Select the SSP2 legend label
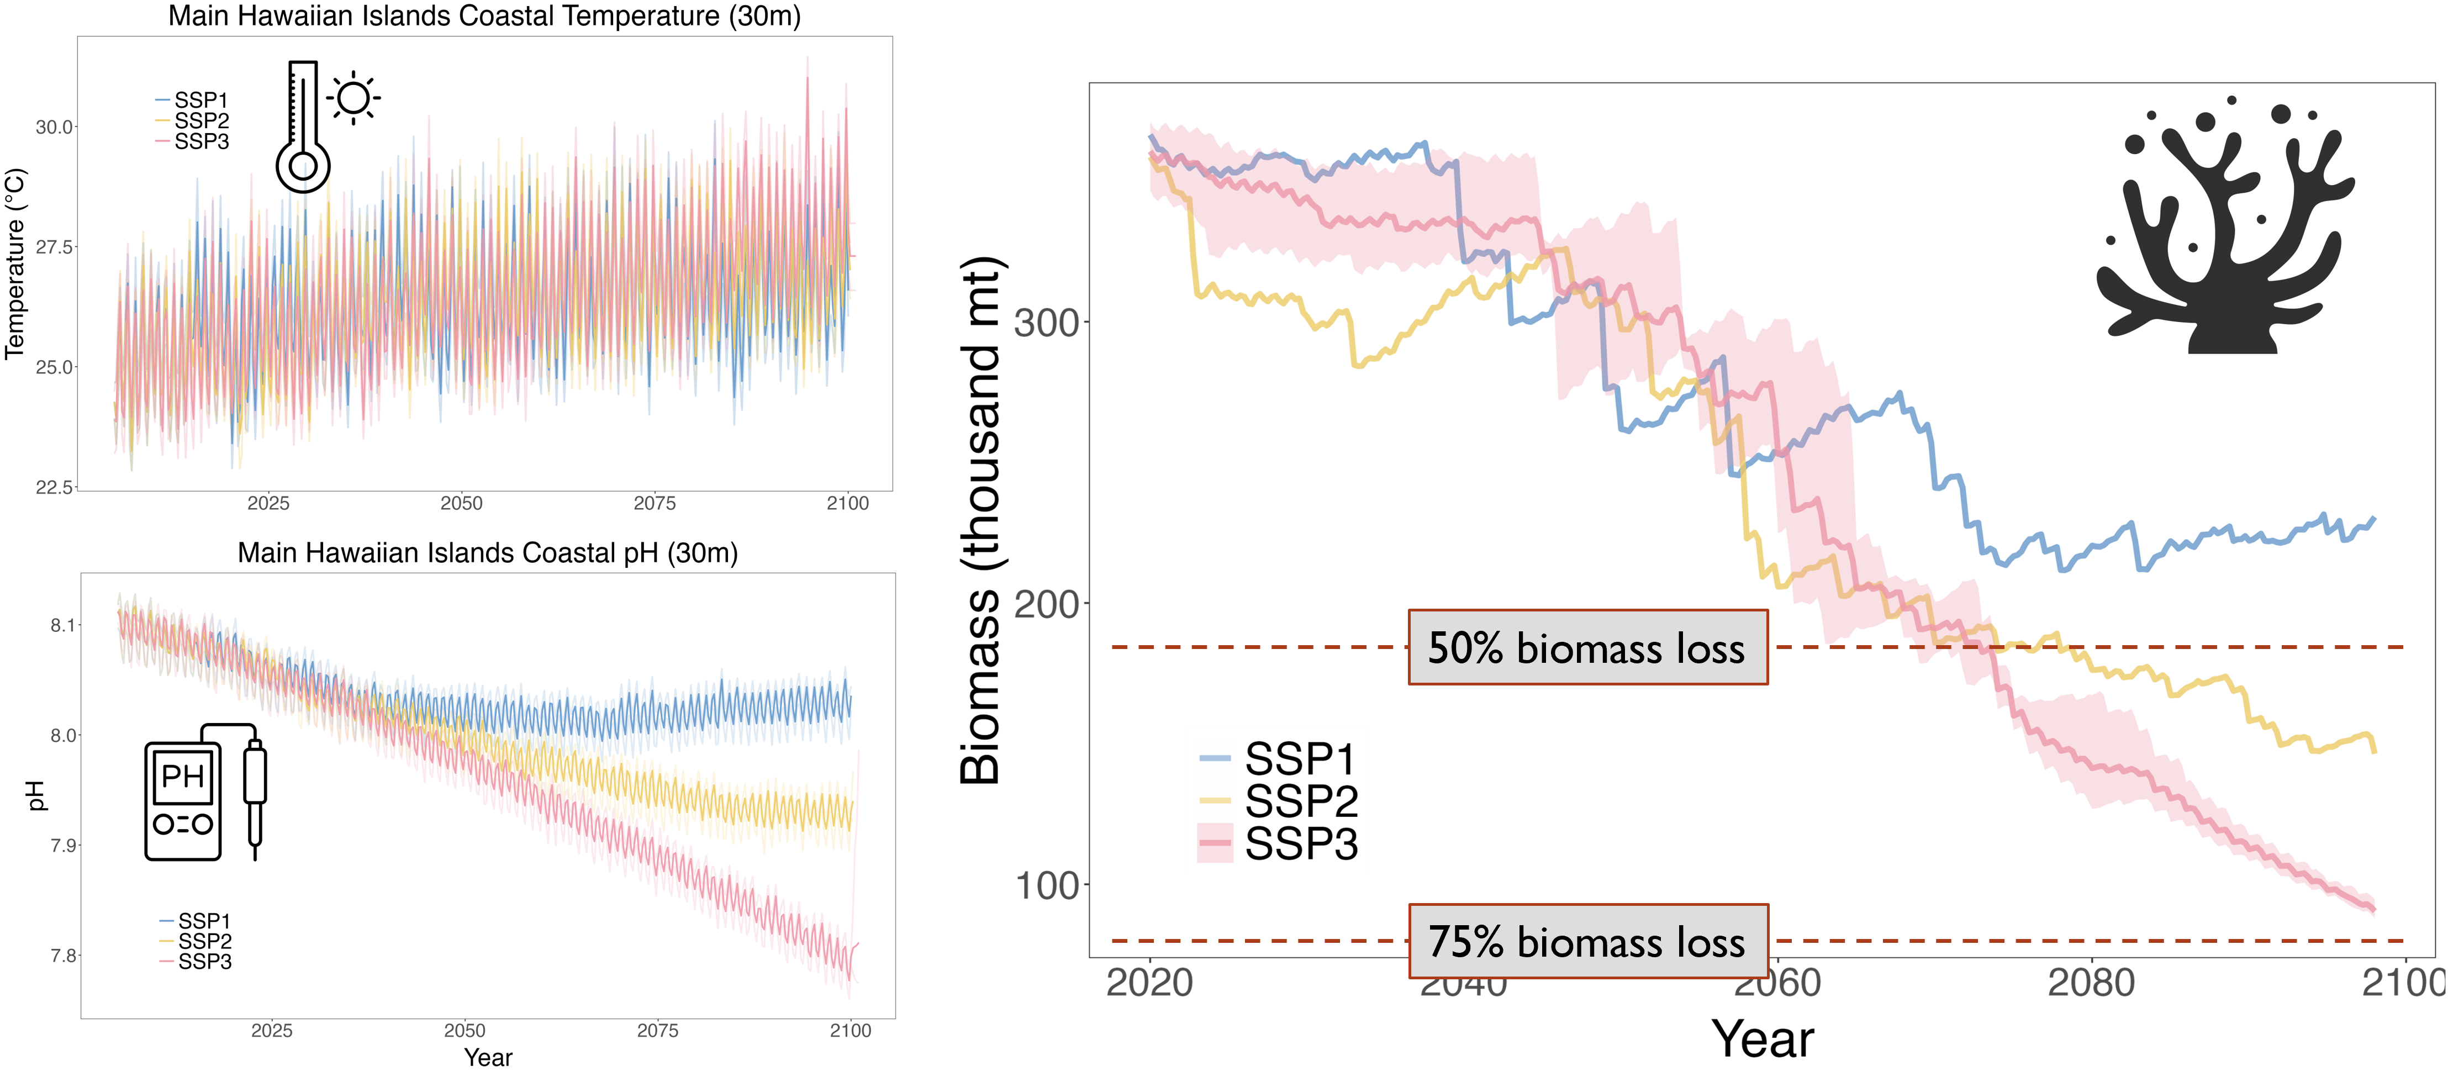pos(1301,801)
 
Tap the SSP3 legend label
pos(1301,844)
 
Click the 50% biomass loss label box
pos(1587,648)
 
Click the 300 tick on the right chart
pos(1046,323)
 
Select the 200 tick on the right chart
pos(1046,604)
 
